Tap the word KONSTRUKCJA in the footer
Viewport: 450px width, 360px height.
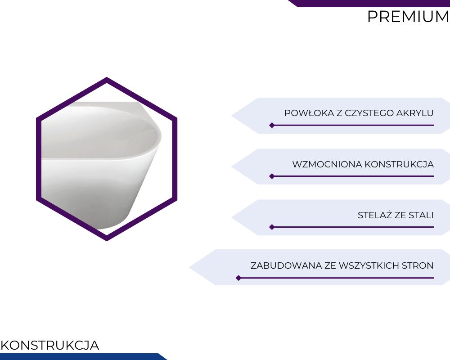click(x=50, y=345)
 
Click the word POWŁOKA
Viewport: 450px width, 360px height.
click(x=310, y=113)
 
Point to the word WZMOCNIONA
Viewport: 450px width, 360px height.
click(x=327, y=164)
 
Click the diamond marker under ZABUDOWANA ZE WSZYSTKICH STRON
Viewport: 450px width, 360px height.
click(x=238, y=278)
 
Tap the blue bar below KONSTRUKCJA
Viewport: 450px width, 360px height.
click(x=82, y=356)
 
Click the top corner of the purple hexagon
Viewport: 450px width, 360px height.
click(x=107, y=77)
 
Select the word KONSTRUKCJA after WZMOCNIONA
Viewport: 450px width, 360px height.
click(x=399, y=164)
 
